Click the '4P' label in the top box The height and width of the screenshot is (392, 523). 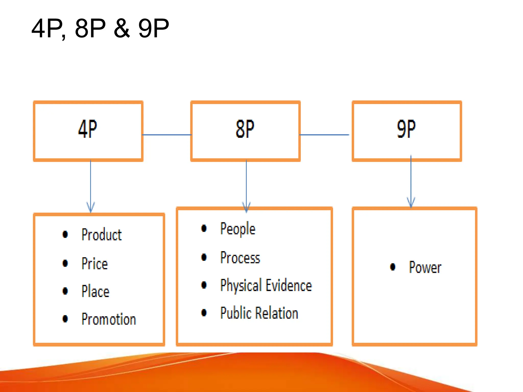[x=88, y=129]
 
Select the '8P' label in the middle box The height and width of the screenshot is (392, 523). [x=245, y=129]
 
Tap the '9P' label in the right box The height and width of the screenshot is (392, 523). [x=406, y=129]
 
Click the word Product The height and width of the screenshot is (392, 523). [x=101, y=235]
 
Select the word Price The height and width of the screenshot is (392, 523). [x=94, y=264]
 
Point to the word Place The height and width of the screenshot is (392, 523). [x=95, y=291]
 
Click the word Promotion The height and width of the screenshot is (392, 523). [x=109, y=319]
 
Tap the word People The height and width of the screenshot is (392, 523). [x=237, y=229]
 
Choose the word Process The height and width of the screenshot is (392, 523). [x=240, y=258]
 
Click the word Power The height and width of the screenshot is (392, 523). [x=425, y=267]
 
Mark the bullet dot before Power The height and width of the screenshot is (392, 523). [x=393, y=267]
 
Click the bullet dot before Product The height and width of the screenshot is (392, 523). [x=65, y=234]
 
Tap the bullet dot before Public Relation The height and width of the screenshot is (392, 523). [x=204, y=313]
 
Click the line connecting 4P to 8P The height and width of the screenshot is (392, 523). [x=167, y=135]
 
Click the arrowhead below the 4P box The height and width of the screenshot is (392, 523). [x=91, y=207]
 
